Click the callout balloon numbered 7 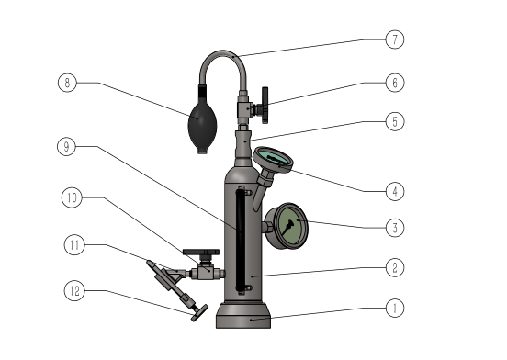click(395, 39)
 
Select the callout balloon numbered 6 click(395, 83)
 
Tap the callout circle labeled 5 click(395, 121)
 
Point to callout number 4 click(395, 191)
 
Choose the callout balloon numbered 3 click(395, 228)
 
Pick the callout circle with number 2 click(395, 267)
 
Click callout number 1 click(395, 308)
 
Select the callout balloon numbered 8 click(67, 83)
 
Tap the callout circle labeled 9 click(67, 146)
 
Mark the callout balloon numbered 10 click(72, 197)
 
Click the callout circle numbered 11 click(74, 245)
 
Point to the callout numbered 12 click(74, 291)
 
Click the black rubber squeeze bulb click(202, 124)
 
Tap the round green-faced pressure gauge click(287, 226)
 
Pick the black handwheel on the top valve click(265, 105)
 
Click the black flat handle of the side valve click(201, 252)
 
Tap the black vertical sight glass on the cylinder click(240, 240)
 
